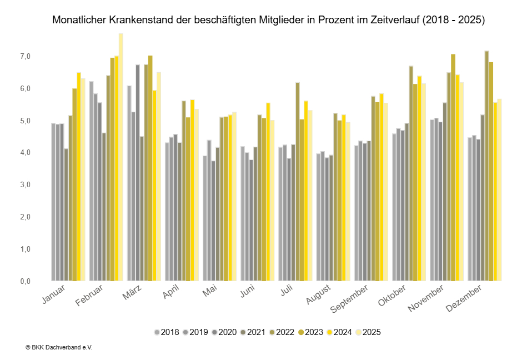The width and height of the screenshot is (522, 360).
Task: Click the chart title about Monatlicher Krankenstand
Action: click(x=269, y=21)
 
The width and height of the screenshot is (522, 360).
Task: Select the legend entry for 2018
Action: click(x=167, y=332)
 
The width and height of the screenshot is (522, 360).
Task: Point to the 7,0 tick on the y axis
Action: click(x=24, y=57)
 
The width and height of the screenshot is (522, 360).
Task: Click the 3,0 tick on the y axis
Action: click(x=24, y=185)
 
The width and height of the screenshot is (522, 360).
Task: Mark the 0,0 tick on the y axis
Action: click(x=24, y=281)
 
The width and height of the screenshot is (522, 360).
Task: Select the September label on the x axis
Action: click(x=348, y=299)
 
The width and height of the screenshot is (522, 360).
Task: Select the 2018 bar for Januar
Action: click(x=53, y=202)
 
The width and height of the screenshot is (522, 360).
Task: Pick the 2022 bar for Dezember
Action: click(x=487, y=166)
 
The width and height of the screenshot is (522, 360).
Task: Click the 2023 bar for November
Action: click(x=453, y=167)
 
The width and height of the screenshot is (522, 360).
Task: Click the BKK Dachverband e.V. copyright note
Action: click(x=58, y=347)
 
